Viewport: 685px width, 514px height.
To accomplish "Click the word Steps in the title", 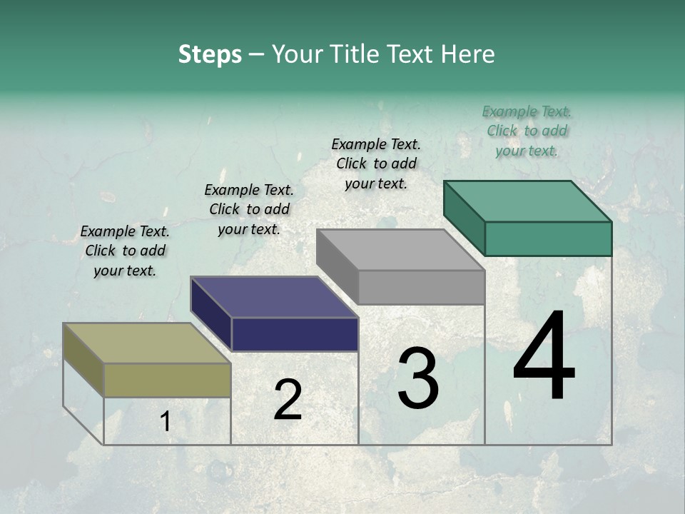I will (210, 54).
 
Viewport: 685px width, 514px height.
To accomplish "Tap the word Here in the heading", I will (467, 54).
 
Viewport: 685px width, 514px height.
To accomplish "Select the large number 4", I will (544, 357).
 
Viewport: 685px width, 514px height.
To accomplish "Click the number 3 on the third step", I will (418, 378).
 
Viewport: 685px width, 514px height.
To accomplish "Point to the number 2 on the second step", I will (288, 400).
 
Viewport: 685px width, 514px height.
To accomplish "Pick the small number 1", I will (166, 422).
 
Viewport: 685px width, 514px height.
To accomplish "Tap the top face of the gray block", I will (400, 249).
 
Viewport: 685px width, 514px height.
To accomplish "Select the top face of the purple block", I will (274, 297).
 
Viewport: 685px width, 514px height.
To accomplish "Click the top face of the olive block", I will (147, 343).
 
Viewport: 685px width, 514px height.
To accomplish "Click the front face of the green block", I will (548, 238).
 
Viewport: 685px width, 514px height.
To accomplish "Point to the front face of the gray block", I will (421, 287).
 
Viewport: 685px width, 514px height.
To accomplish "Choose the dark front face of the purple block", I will (295, 334).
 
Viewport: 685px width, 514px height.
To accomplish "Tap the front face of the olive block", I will (168, 380).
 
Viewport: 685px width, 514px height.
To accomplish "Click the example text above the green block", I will (527, 131).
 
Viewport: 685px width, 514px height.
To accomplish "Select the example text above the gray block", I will (376, 163).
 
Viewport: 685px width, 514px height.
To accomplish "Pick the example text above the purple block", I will (249, 209).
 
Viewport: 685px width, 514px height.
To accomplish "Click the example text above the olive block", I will (125, 251).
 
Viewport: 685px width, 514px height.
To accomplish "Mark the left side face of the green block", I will (464, 218).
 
